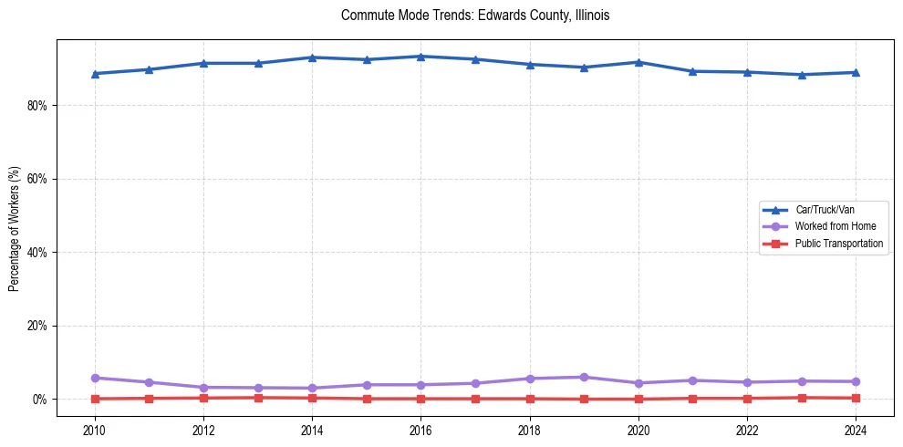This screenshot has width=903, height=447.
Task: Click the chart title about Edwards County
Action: [x=474, y=16]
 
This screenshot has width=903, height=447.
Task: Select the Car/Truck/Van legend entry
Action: [x=825, y=210]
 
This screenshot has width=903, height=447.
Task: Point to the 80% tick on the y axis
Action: [x=36, y=106]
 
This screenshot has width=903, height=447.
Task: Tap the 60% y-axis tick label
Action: [x=36, y=179]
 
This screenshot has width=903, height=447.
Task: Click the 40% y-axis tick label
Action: [x=36, y=253]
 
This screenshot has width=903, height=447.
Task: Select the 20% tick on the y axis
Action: [x=36, y=326]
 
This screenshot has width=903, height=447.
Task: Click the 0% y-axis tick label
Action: [x=39, y=400]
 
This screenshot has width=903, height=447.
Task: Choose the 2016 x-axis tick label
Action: [x=420, y=430]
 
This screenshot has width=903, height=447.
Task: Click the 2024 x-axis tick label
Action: [x=856, y=430]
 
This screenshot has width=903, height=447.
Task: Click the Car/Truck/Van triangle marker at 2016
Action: [x=420, y=57]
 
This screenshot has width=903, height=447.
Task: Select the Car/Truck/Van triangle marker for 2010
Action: [x=95, y=74]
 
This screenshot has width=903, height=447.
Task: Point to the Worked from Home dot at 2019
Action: [x=584, y=377]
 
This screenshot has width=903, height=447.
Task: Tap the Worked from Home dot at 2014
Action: [x=312, y=388]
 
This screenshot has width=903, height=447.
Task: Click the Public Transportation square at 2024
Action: [x=856, y=398]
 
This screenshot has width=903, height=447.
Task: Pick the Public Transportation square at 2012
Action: [x=203, y=398]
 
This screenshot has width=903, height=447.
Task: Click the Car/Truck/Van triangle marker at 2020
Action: [x=638, y=62]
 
